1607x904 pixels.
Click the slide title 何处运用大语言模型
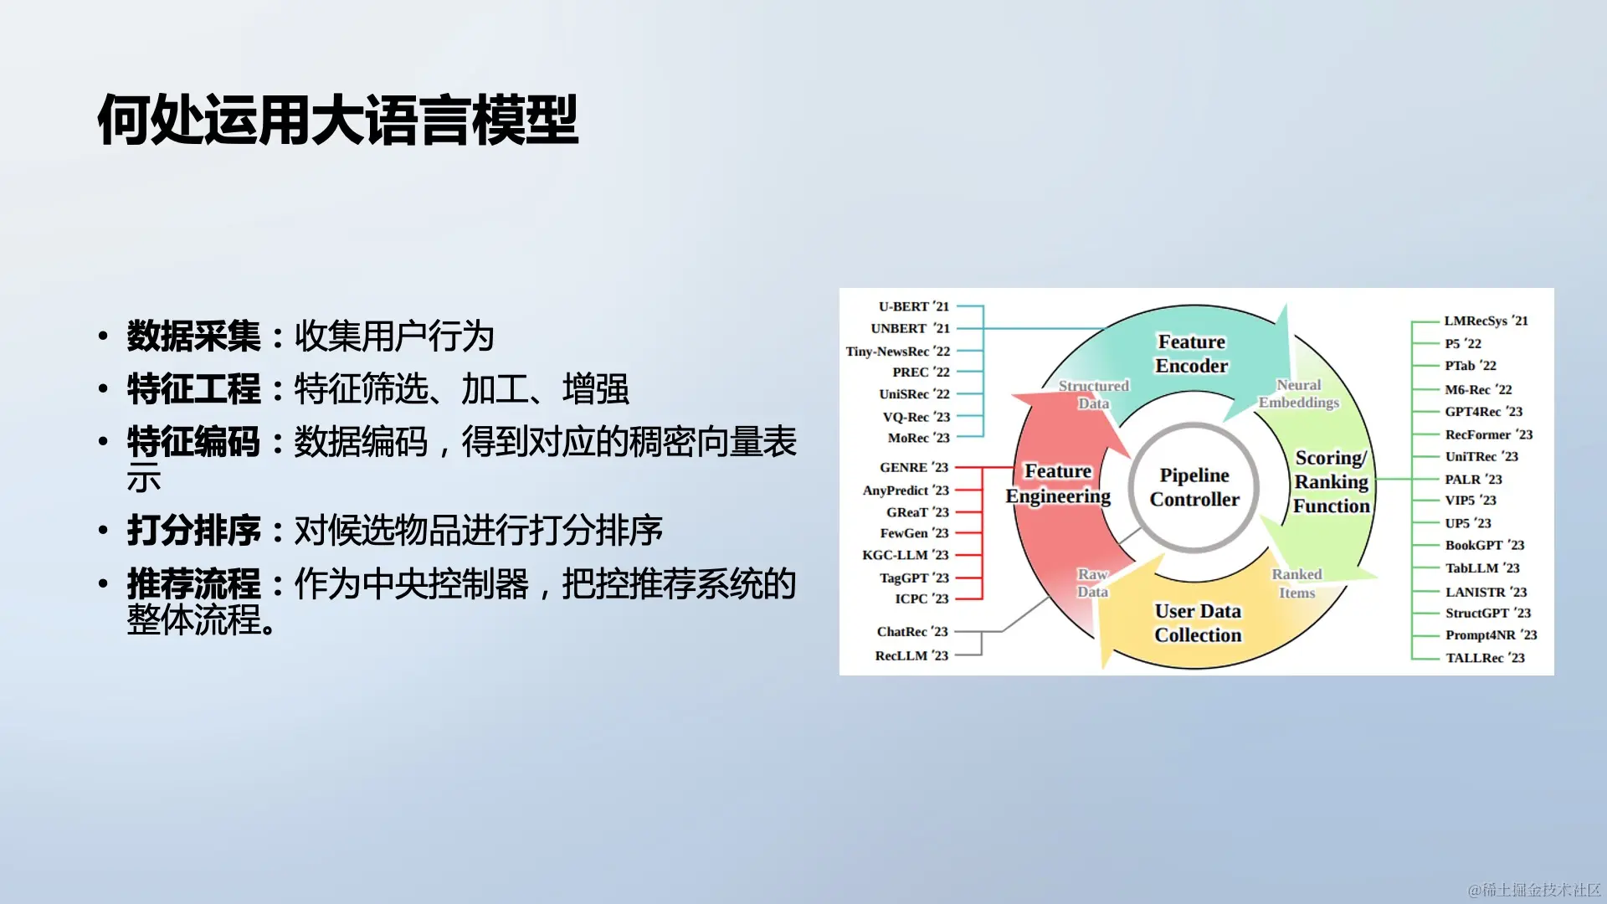[x=338, y=120]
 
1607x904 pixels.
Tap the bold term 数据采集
[x=194, y=336]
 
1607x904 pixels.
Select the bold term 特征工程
[x=194, y=389]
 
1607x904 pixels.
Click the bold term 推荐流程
[x=194, y=584]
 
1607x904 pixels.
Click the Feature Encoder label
[x=1192, y=354]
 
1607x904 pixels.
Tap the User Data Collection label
[x=1199, y=624]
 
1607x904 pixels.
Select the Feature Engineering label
[x=1058, y=484]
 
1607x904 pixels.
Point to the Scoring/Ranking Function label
[x=1331, y=482]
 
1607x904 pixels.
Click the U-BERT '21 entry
[x=914, y=306]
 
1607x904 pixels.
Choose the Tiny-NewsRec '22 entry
[x=898, y=352]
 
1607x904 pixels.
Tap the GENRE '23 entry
[x=914, y=467]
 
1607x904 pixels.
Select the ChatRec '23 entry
[x=912, y=632]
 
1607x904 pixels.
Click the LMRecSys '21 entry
[x=1486, y=321]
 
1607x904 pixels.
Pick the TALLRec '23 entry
[x=1486, y=658]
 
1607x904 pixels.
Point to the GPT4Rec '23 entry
[x=1484, y=412]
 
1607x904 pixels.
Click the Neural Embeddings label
[x=1299, y=393]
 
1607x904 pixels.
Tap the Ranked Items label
[x=1297, y=583]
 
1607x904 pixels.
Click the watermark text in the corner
[x=1534, y=889]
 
